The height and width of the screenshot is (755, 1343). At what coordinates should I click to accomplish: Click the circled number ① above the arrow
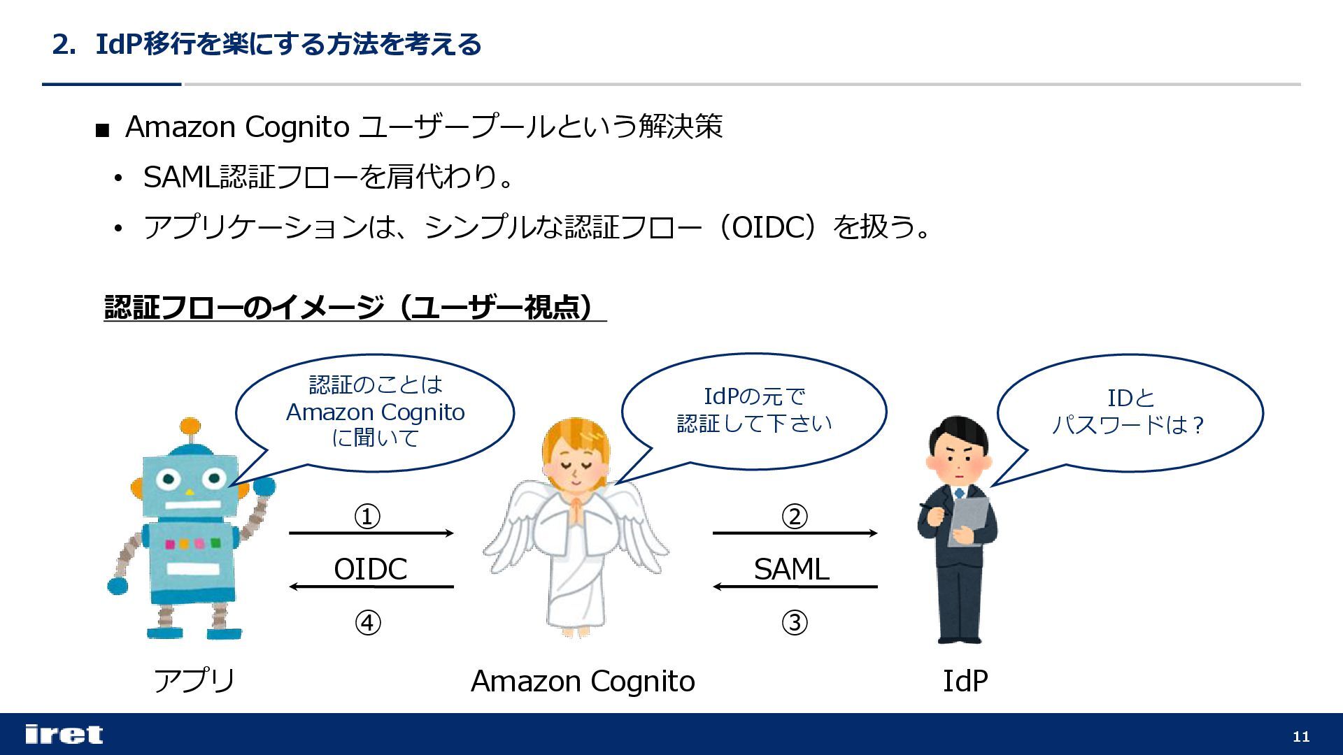coord(367,517)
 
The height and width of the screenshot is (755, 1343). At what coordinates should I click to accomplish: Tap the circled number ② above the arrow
coord(794,517)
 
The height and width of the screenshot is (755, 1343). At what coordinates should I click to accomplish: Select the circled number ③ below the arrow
coord(794,622)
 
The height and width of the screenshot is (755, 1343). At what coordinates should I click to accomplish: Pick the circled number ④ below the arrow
coord(368,622)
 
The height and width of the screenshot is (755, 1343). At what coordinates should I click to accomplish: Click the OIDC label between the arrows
coord(370,569)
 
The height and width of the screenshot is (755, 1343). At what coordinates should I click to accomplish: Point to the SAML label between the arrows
coord(791,569)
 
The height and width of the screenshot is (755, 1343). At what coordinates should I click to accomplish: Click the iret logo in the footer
coord(64,734)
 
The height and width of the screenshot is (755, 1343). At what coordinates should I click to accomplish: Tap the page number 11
coord(1300,736)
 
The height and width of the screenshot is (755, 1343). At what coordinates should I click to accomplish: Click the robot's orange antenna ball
coord(190,426)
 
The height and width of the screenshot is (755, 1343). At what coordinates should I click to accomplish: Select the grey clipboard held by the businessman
coord(969,521)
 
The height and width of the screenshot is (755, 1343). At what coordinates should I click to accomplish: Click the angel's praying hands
coord(575,511)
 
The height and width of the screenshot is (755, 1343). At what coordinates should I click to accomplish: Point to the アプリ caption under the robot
coord(194,680)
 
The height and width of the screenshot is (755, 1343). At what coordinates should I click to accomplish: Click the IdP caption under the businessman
coord(965,680)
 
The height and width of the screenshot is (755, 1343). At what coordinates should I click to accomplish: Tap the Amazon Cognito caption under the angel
coord(583,680)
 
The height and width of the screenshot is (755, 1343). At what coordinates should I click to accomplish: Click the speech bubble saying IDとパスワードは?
coord(1129,412)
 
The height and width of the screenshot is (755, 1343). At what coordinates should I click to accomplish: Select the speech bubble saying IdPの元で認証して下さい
coord(754,410)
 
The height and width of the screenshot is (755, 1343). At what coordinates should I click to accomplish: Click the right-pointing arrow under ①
coord(371,533)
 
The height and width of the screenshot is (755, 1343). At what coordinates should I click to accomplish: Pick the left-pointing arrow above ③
coord(795,587)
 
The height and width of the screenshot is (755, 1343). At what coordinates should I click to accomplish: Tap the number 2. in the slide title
coord(64,45)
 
